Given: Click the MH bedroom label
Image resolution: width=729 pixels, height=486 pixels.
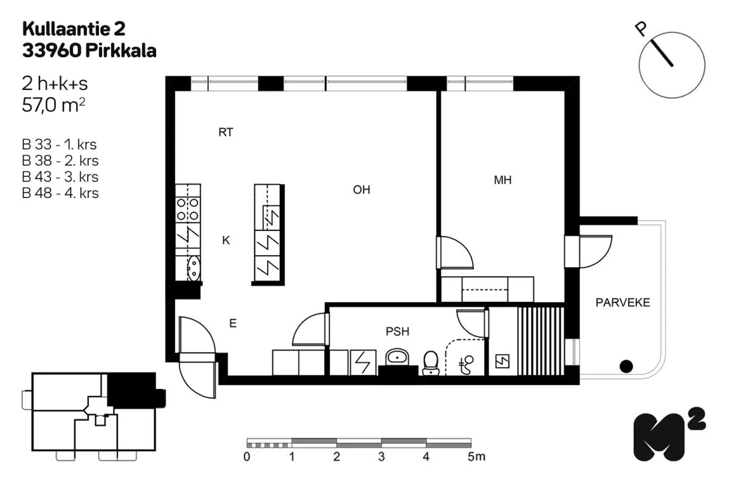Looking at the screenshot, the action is (502, 180).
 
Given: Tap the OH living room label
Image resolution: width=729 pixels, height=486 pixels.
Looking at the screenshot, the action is (361, 190).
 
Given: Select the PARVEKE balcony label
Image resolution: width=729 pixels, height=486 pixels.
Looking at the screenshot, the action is (623, 303).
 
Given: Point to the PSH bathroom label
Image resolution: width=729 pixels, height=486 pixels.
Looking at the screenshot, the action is (397, 332).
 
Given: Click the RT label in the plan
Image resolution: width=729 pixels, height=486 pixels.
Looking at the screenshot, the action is (225, 132).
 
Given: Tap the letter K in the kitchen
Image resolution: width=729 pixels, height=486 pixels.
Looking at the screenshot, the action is (226, 240).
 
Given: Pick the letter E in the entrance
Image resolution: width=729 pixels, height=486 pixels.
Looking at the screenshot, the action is (233, 323).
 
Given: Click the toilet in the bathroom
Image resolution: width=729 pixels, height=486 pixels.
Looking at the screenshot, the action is (431, 363).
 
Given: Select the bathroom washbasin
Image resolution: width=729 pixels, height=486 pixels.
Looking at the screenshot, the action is (397, 357).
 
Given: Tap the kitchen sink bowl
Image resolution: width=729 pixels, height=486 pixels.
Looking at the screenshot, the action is (194, 269).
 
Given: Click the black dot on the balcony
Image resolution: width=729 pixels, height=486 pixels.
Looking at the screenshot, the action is (626, 366).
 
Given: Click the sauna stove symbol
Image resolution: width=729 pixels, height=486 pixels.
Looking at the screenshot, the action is (502, 361).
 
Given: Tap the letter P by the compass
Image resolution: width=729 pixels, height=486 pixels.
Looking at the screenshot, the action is (641, 30).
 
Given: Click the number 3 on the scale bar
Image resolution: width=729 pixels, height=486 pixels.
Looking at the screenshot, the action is (382, 457).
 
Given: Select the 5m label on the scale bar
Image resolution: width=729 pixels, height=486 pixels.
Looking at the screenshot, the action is (476, 457).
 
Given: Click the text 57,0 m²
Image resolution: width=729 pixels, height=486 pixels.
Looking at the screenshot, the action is (53, 105).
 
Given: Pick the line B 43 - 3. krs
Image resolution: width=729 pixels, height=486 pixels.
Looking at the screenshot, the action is (60, 177).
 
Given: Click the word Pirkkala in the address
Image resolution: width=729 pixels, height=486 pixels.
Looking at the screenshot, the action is (121, 51).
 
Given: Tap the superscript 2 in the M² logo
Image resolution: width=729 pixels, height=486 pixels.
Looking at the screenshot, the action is (696, 419).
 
